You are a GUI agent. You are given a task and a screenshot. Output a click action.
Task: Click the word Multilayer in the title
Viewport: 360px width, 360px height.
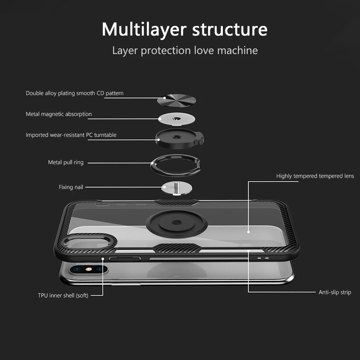(144, 30)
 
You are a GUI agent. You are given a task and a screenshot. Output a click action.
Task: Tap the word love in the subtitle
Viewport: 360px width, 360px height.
(204, 50)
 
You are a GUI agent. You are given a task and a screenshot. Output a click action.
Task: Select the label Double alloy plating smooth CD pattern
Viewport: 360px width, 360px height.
(75, 93)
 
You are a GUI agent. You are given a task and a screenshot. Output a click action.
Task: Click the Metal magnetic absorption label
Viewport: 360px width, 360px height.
(59, 114)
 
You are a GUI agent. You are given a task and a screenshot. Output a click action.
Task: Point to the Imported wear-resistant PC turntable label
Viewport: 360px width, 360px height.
(71, 135)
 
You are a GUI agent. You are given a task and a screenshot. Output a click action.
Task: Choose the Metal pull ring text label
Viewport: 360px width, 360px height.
(66, 162)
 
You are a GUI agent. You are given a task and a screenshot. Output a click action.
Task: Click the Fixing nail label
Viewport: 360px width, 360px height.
(71, 187)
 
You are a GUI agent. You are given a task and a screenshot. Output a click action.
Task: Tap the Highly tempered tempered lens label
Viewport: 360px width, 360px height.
(315, 176)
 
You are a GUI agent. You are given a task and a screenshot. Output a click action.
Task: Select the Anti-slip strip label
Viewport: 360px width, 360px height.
(335, 292)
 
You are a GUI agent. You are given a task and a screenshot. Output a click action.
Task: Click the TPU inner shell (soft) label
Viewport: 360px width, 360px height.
(63, 296)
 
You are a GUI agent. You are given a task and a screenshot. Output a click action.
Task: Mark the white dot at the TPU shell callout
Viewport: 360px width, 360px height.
(103, 258)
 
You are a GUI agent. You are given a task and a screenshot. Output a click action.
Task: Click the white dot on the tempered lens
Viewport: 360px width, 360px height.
(248, 232)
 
